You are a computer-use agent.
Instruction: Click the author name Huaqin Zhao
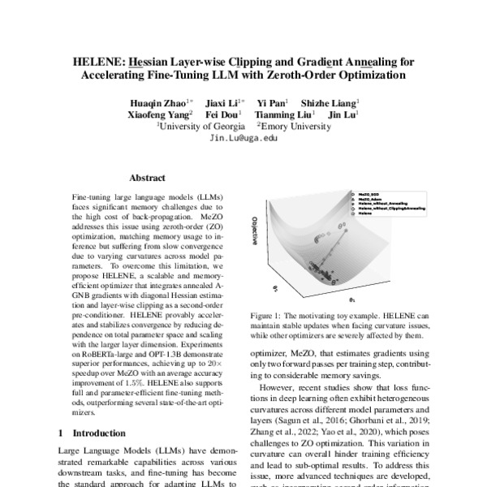162,103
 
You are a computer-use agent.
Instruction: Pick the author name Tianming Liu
279,115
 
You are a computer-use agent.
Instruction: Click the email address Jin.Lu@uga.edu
243,139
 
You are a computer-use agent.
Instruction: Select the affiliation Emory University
295,127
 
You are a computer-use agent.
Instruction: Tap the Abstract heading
148,177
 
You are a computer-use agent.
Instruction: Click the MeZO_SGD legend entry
369,195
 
